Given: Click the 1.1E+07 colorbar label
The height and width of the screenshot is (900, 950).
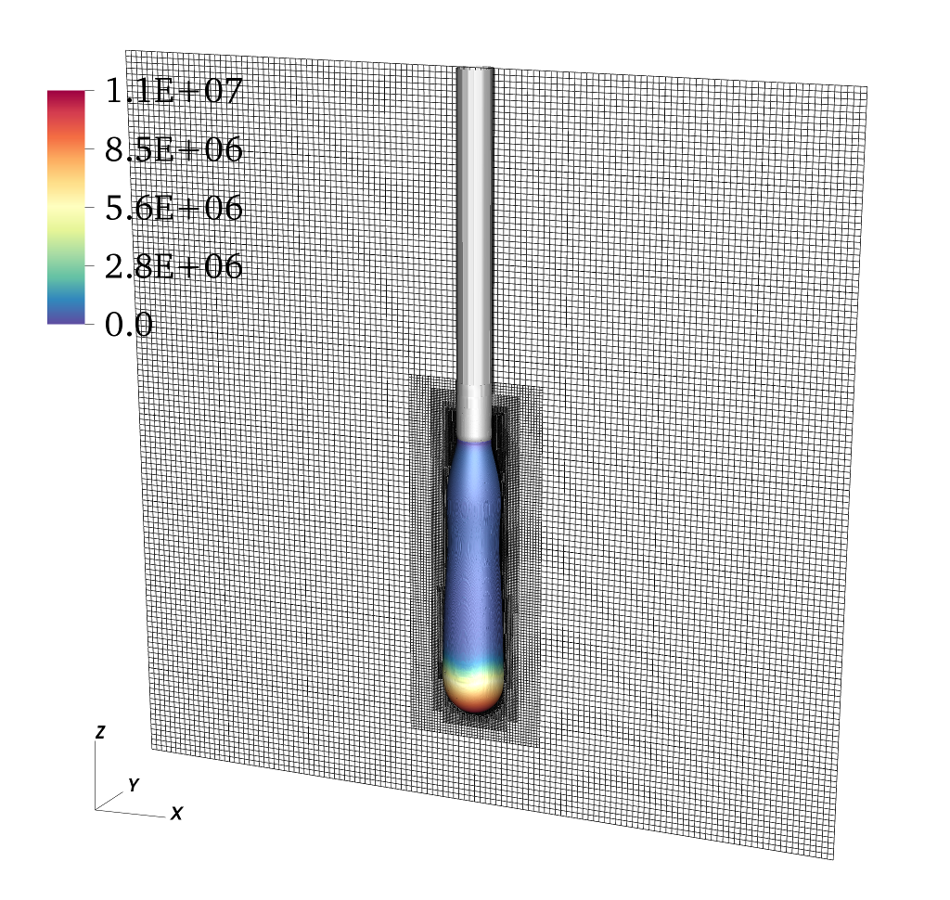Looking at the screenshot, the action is point(173,91).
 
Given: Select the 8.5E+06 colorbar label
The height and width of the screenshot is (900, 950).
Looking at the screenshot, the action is point(173,149).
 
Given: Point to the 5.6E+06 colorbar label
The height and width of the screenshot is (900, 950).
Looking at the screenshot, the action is point(173,207).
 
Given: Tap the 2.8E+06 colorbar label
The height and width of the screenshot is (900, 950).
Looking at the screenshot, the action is point(173,266).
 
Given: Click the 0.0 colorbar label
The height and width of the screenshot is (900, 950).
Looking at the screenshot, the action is point(128,324).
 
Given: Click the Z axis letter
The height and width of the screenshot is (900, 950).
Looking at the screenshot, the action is point(100,731).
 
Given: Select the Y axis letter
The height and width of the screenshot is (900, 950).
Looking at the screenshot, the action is point(134,785).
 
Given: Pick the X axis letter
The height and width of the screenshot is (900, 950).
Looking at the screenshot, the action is point(176,814).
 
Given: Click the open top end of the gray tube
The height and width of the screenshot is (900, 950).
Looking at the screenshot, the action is point(475,69).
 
